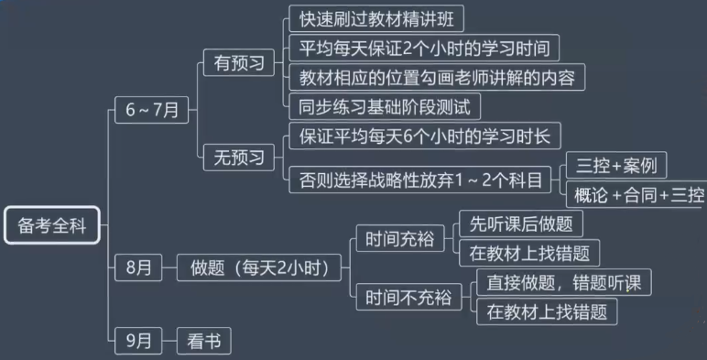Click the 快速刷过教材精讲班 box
pos(375,18)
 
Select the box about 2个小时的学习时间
pos(423,48)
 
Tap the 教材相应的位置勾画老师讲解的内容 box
pos(436,77)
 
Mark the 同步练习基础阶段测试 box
pos(384,106)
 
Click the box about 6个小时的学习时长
pos(424,136)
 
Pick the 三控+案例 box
pos(615,166)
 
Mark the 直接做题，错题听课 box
pos(563,282)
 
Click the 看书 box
pos(203,341)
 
